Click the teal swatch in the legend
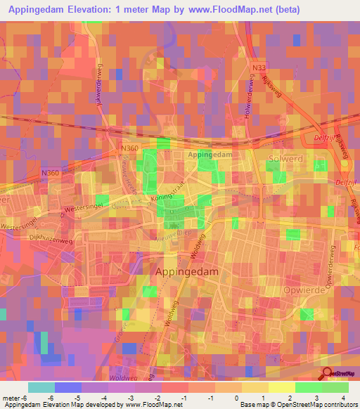(41, 387)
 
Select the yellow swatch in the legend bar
(255, 387)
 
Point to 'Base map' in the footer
(253, 405)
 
